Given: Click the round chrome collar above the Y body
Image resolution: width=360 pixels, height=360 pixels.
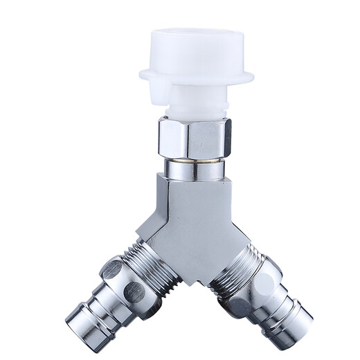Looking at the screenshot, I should pos(193,168).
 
